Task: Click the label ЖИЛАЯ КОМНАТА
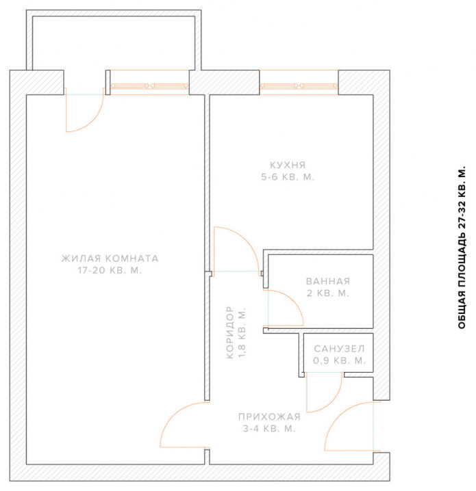(110, 258)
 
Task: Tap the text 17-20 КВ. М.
(110, 271)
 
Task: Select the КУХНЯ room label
(288, 165)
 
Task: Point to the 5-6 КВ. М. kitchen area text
(288, 177)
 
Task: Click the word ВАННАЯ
(328, 281)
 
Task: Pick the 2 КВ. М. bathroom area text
(328, 293)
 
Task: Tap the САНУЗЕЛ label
(340, 349)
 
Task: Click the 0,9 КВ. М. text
(340, 360)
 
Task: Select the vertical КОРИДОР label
(229, 332)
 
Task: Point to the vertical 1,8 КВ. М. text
(242, 332)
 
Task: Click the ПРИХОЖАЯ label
(269, 417)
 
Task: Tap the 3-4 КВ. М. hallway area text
(269, 429)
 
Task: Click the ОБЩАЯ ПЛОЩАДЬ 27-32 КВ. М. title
(462, 246)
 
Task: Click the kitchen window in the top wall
(299, 86)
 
